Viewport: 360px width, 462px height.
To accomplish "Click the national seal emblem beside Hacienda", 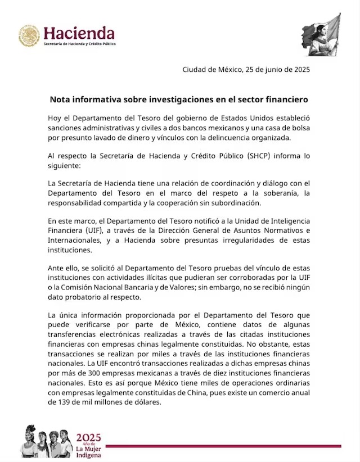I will click(x=29, y=36).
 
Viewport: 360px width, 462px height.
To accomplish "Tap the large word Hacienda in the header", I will click(x=79, y=33).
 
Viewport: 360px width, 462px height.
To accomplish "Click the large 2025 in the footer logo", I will click(x=88, y=437).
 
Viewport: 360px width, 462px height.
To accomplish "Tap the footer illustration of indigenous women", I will click(x=46, y=441).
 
